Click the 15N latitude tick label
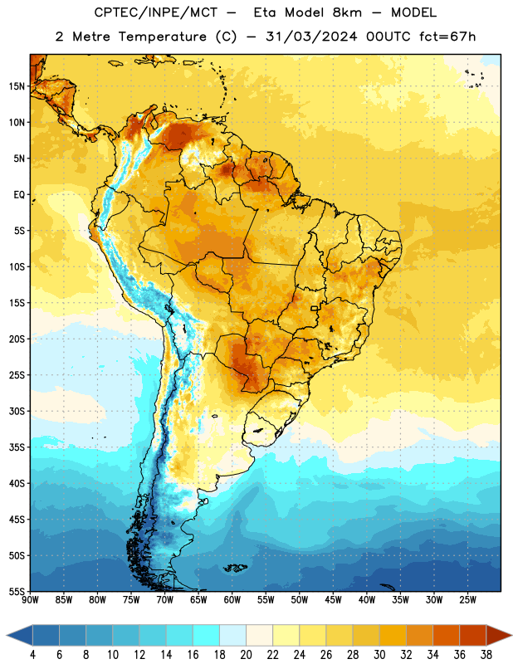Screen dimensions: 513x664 point(17,86)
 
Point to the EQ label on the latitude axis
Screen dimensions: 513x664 point(19,195)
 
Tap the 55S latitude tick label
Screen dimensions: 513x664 point(17,591)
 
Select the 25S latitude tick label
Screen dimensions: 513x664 point(17,375)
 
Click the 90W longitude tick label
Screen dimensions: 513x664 point(30,600)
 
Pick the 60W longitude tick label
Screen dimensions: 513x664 point(232,600)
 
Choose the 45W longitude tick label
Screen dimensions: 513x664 point(333,600)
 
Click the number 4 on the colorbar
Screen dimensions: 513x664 point(32,655)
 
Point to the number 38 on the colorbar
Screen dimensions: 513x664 point(486,655)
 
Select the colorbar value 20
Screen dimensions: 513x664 point(246,655)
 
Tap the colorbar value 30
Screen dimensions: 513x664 point(379,655)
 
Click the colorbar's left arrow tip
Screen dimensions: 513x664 point(7,635)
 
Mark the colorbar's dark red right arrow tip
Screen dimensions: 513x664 point(512,635)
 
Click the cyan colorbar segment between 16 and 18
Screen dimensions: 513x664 point(206,635)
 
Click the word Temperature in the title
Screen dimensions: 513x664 point(162,37)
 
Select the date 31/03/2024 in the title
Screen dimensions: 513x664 point(311,37)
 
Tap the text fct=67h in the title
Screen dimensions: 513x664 point(447,37)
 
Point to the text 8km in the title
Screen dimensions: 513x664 point(347,12)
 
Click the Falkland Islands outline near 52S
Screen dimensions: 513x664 point(235,568)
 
